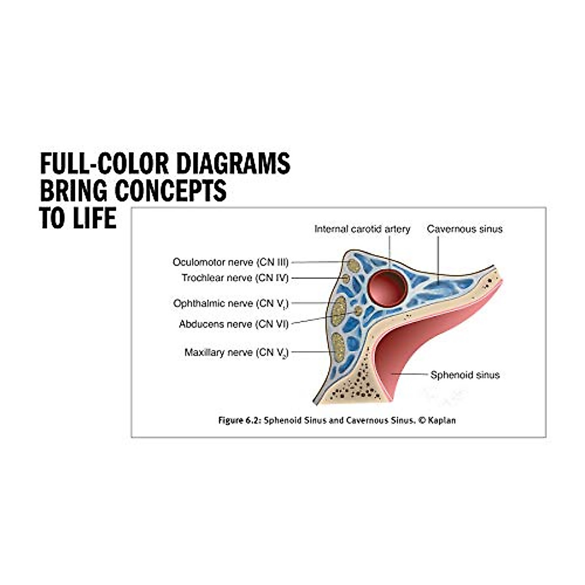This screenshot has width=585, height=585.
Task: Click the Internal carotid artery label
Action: tap(362, 229)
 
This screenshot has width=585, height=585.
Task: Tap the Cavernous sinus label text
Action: tap(465, 229)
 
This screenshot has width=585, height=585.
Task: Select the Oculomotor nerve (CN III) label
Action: tap(231, 262)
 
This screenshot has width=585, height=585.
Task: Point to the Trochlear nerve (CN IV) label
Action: tap(235, 278)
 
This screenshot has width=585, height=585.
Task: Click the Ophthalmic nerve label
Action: tap(231, 304)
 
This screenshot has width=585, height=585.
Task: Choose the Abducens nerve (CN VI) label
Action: tap(234, 324)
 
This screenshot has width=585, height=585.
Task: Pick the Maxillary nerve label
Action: tap(236, 352)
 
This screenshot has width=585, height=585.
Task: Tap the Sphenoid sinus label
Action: tap(465, 375)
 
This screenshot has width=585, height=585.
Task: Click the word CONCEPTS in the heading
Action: tap(171, 191)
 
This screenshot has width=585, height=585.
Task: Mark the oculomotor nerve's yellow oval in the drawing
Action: tap(353, 266)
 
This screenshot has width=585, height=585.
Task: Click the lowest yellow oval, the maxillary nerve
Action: tap(338, 347)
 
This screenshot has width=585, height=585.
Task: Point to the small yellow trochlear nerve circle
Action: tap(346, 278)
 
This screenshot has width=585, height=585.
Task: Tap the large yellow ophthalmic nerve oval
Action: tap(339, 311)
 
